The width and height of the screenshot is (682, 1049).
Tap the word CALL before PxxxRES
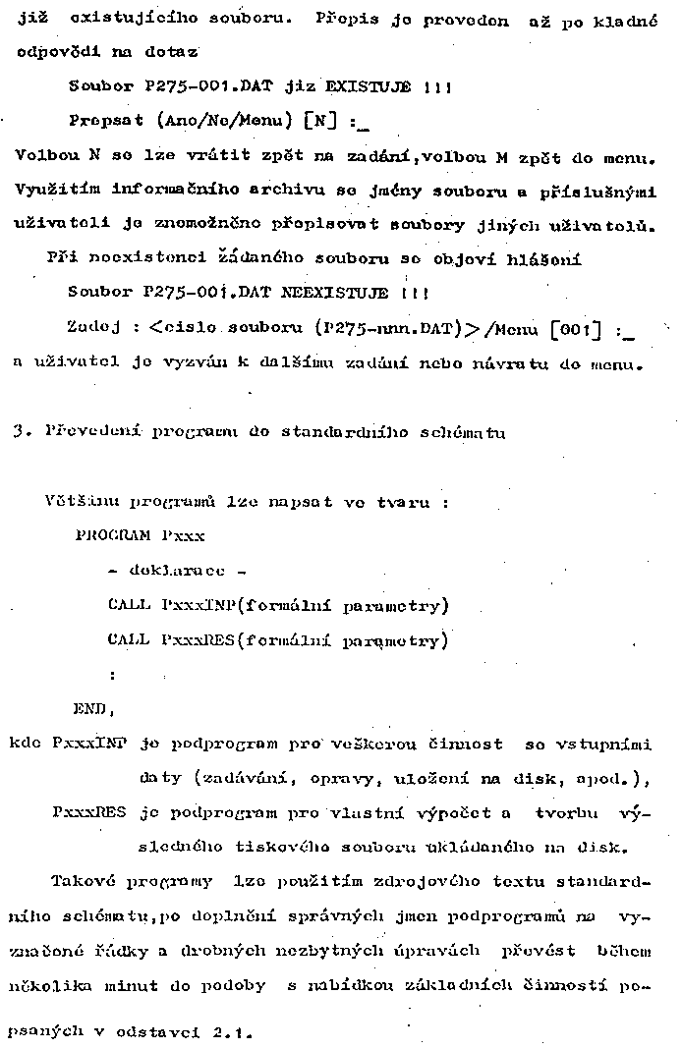(129, 640)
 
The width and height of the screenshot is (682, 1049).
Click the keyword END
(93, 709)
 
